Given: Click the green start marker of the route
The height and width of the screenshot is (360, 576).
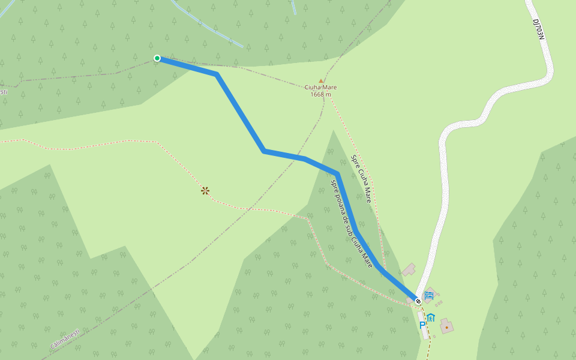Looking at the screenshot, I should [x=157, y=58].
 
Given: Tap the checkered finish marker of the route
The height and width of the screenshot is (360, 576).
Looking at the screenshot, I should [x=418, y=301].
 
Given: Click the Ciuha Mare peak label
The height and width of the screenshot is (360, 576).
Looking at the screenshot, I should [x=320, y=88].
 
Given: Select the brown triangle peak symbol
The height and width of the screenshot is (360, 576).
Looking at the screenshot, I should [x=321, y=80].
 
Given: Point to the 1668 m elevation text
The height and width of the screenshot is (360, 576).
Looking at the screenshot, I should [x=320, y=95].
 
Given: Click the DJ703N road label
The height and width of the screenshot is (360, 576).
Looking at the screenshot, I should [x=538, y=29].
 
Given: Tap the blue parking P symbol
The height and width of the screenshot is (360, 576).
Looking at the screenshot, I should [x=422, y=325].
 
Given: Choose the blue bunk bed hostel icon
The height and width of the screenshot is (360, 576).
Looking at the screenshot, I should [x=428, y=295].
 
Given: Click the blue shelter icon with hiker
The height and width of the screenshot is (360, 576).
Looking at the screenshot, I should [x=431, y=317].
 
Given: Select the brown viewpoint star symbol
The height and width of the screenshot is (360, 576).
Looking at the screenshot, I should [x=205, y=191].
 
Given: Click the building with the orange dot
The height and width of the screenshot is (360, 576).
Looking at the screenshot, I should [x=446, y=326].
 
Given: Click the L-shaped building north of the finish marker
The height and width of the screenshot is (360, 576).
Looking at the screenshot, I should [x=410, y=269].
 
